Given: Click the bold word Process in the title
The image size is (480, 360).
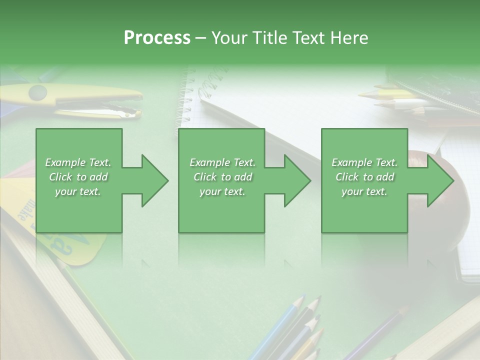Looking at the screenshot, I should pyautogui.click(x=157, y=37).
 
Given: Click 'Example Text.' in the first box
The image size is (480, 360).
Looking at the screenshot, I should pyautogui.click(x=78, y=162).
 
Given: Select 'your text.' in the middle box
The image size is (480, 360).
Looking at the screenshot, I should pyautogui.click(x=222, y=191).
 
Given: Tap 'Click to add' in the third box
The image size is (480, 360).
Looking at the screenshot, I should pyautogui.click(x=364, y=177).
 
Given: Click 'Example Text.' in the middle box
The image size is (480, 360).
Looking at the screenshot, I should pyautogui.click(x=222, y=162).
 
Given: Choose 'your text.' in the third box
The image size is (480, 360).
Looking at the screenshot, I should pyautogui.click(x=364, y=191).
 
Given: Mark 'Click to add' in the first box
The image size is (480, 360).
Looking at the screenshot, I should pyautogui.click(x=78, y=177).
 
